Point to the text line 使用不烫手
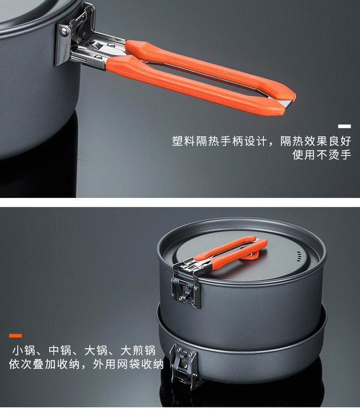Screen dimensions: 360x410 point(322,154)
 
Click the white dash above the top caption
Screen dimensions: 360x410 point(344,126)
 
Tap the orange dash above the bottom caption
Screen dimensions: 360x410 point(15,335)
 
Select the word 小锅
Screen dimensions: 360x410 point(24,350)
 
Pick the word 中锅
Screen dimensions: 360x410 point(60,350)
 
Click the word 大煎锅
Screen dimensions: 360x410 point(138,350)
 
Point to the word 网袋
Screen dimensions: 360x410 point(128,364)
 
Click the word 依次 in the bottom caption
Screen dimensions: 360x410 point(20,364)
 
